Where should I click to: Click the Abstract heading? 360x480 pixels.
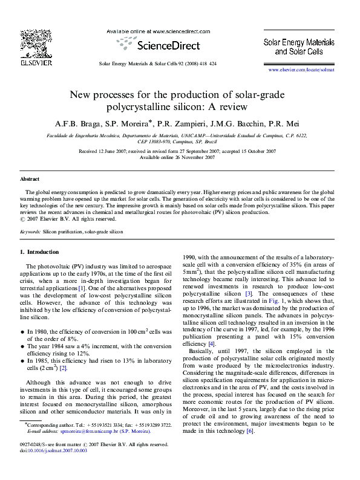pos(30,180)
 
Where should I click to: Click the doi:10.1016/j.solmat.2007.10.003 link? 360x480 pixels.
pos(53,467)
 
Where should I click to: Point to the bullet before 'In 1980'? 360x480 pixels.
pos(22,332)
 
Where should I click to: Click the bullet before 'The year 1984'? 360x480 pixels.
pos(22,346)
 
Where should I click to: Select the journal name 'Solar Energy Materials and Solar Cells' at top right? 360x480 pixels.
pos(298,47)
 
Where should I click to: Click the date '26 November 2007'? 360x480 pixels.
pos(195,157)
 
